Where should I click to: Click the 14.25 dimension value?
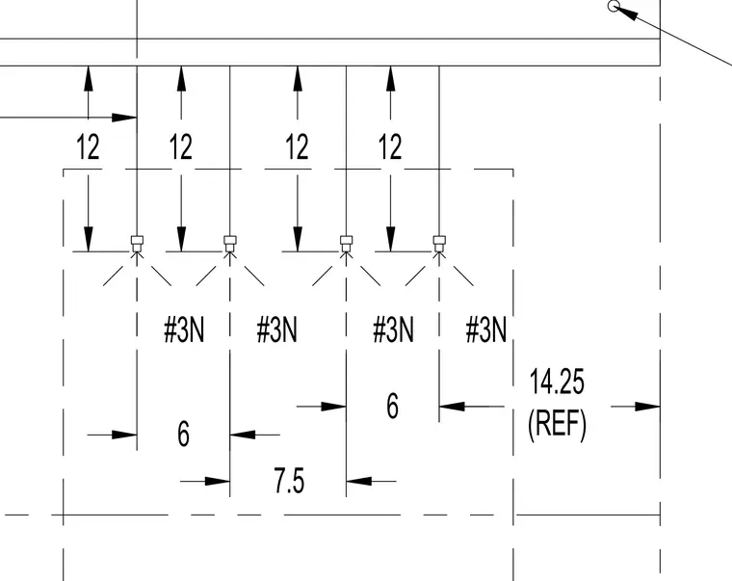point(557,382)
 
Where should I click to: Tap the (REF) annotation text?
point(557,424)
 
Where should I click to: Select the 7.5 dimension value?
point(289,481)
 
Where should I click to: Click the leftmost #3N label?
point(184,330)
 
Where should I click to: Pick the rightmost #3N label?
point(486,330)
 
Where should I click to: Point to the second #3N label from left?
point(276,330)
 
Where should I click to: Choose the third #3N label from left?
point(393,330)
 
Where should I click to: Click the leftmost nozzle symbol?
point(137,244)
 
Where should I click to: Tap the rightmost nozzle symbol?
point(439,244)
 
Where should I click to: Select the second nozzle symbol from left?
point(229,244)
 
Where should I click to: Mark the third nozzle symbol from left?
point(346,244)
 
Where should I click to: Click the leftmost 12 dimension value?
point(88,146)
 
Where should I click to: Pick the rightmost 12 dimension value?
point(390,146)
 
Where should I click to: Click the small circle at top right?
point(614,6)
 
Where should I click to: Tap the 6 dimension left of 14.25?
point(393,406)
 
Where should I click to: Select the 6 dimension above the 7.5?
point(184,434)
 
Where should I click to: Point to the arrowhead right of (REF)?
point(647,407)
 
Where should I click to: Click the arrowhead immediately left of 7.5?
point(217,481)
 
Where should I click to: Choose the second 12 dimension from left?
point(181,146)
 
